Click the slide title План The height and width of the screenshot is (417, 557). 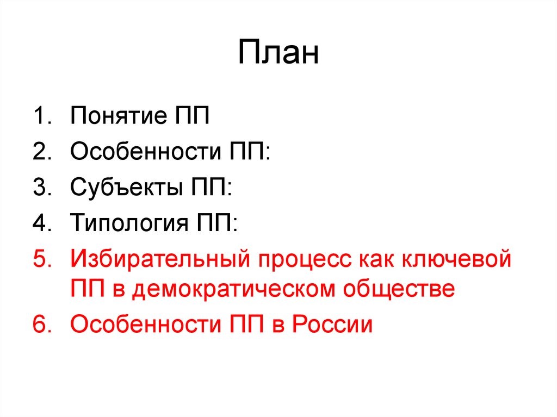(x=278, y=53)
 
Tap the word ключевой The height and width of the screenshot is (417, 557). (x=457, y=258)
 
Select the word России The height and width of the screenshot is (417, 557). (x=332, y=325)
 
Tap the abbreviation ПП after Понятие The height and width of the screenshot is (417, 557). (x=190, y=116)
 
